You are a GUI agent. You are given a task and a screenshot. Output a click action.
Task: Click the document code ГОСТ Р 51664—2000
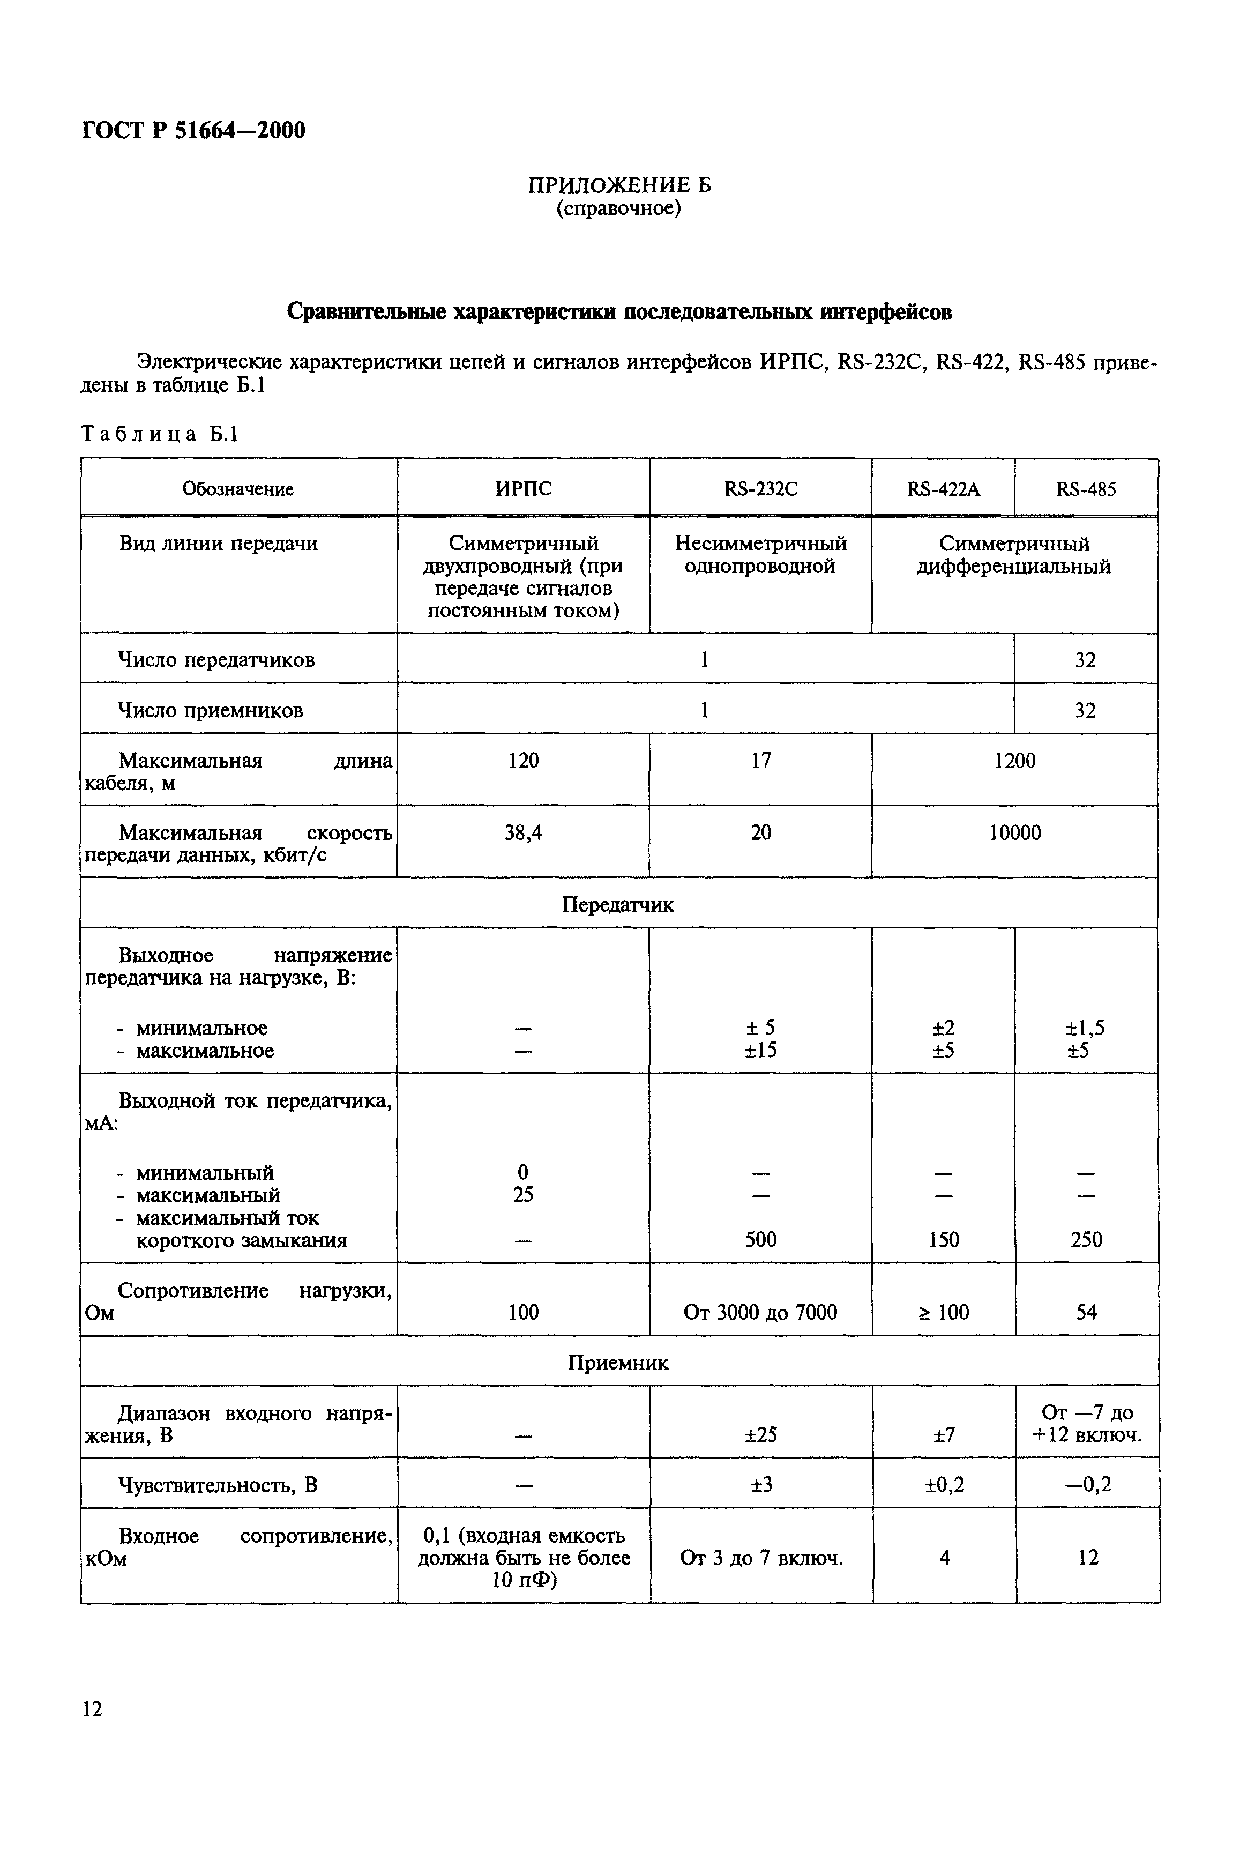194,130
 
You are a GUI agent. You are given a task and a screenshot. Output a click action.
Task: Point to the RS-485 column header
1086,489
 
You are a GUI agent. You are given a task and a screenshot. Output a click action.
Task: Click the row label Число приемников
211,710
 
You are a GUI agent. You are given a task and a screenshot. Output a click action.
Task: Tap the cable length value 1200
1014,761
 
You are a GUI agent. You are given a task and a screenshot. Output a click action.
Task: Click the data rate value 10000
1014,832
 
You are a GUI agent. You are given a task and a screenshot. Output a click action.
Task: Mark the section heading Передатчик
618,905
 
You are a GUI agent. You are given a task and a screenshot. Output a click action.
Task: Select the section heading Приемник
618,1363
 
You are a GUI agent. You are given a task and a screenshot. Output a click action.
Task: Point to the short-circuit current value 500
761,1240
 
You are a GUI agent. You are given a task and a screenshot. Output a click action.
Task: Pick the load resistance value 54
1087,1313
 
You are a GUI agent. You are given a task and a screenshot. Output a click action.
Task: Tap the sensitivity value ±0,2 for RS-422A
944,1485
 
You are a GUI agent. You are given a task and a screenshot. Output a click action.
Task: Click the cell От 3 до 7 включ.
761,1558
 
